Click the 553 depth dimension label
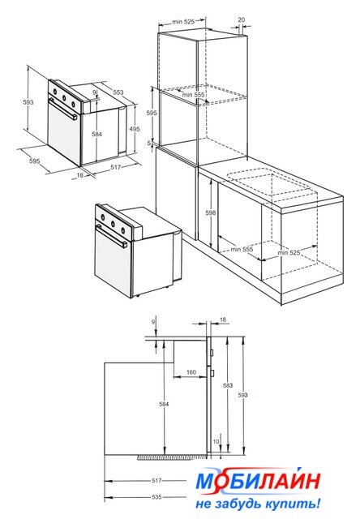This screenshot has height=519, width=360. [118, 92]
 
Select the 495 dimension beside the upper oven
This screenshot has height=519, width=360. [135, 129]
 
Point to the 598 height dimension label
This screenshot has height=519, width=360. [211, 212]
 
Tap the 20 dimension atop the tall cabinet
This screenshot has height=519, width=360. [242, 19]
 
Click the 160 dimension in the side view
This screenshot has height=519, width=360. [191, 372]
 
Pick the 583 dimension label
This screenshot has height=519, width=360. [228, 385]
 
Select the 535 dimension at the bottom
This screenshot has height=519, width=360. [156, 497]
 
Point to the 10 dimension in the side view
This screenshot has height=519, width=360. [216, 441]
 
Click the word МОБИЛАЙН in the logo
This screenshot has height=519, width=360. [258, 481]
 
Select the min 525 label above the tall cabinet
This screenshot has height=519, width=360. [183, 22]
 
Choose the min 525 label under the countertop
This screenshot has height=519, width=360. [289, 253]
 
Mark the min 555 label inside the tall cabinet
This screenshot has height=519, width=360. [193, 95]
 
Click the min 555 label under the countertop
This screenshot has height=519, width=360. [242, 249]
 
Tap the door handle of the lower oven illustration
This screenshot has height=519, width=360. [112, 235]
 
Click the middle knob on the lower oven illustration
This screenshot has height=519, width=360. [113, 224]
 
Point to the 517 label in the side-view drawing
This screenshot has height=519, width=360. [156, 481]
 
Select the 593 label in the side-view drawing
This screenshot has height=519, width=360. [242, 395]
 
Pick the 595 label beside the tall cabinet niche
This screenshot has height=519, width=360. [152, 113]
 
